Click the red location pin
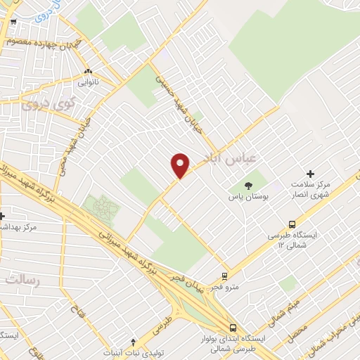pyautogui.click(x=181, y=165)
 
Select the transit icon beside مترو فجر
pyautogui.click(x=224, y=276)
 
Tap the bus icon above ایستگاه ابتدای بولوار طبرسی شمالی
pyautogui.click(x=233, y=327)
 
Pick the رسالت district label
pyautogui.click(x=24, y=279)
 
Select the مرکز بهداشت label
pyautogui.click(x=21, y=228)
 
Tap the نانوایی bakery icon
pyautogui.click(x=88, y=72)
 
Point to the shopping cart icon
pyautogui.click(x=13, y=22)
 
